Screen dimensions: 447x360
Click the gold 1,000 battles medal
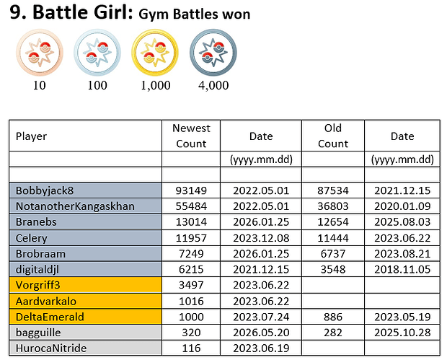[x=155, y=53]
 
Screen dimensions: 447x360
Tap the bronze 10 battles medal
[x=40, y=53]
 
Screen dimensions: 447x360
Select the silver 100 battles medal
[x=97, y=53]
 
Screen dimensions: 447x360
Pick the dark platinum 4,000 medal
[x=213, y=53]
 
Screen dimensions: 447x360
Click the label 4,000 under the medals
[x=213, y=85]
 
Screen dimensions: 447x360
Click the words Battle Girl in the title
[x=83, y=12]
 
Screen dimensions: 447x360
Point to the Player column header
[x=31, y=136]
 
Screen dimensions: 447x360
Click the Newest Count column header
[x=191, y=136]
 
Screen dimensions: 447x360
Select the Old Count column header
[x=333, y=136]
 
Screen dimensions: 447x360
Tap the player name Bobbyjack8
[x=45, y=190]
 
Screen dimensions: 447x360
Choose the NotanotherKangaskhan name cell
[x=86, y=206]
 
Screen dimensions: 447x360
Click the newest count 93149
[x=191, y=190]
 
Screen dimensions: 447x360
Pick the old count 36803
[x=333, y=206]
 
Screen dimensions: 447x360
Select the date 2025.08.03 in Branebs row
[x=402, y=222]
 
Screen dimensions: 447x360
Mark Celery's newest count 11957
[x=191, y=238]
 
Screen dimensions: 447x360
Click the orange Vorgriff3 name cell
[x=86, y=285]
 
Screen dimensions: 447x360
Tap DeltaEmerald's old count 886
[x=333, y=317]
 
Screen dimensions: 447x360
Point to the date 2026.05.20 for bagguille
[x=261, y=333]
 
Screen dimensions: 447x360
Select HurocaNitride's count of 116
[x=191, y=348]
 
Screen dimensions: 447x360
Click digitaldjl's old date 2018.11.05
[x=402, y=269]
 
